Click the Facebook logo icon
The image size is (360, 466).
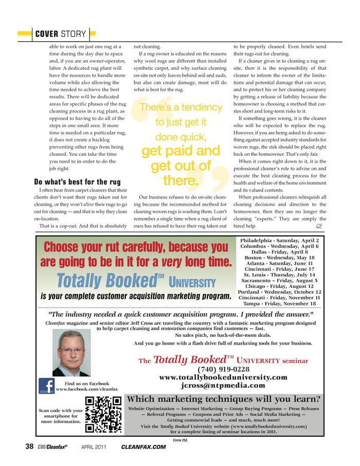coord(47,387)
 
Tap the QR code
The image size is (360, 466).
coord(103,414)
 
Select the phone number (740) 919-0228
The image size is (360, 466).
coord(224,369)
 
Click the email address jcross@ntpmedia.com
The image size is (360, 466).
coord(224,385)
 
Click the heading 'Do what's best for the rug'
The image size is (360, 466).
coord(77,182)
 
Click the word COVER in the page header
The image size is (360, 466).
coord(46,34)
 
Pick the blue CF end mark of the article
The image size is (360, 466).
coord(319,225)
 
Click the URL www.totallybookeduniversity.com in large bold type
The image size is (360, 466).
coord(224,377)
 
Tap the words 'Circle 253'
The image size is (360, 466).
coord(180,440)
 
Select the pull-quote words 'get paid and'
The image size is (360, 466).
coord(181,151)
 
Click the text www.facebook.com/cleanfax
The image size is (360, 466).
coord(87,390)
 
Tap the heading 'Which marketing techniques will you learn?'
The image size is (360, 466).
coord(224,399)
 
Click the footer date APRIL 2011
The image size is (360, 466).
coord(94,447)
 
